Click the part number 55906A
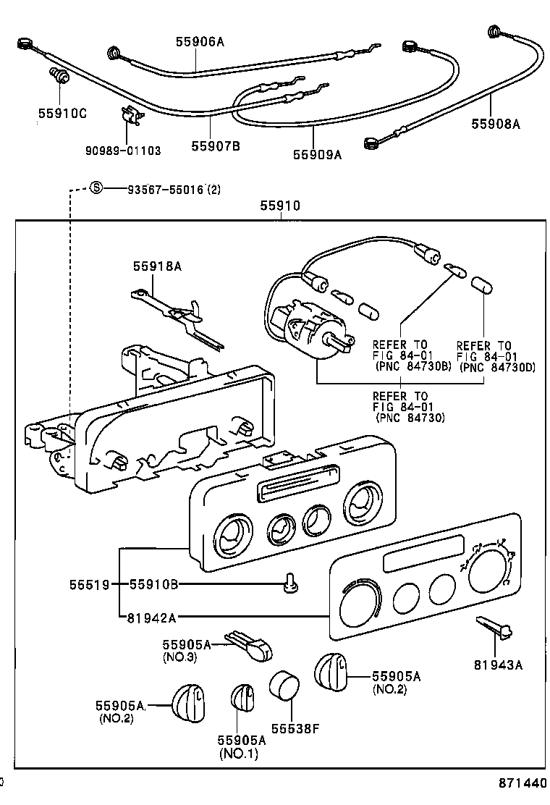(200, 42)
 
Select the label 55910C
(62, 113)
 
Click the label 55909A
(316, 153)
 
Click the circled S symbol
(96, 190)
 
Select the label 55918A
(156, 266)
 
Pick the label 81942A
(153, 618)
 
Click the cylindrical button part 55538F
(284, 685)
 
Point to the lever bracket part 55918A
(170, 306)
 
